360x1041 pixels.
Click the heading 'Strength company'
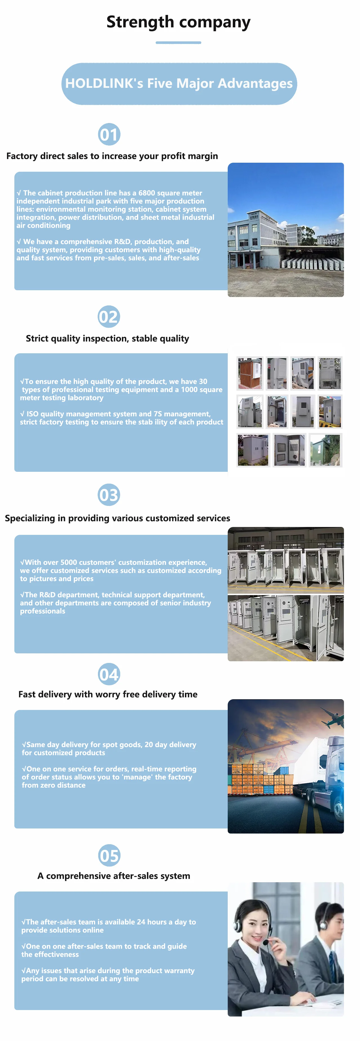[x=178, y=22]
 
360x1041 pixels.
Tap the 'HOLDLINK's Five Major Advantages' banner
[x=179, y=84]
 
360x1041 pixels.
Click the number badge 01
[x=109, y=135]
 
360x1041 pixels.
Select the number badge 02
[x=109, y=317]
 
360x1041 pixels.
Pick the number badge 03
[x=109, y=495]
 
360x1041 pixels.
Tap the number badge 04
[x=109, y=674]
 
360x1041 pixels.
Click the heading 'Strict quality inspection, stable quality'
[x=108, y=339]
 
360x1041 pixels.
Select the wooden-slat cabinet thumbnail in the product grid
[x=250, y=373]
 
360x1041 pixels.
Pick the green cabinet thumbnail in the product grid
[x=325, y=450]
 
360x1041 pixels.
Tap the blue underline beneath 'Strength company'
[x=178, y=43]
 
